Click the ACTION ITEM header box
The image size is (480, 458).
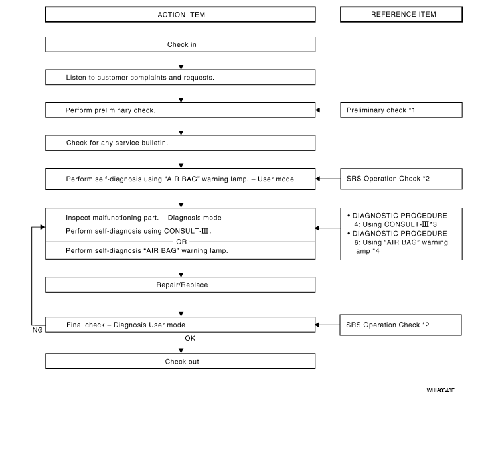[x=181, y=15]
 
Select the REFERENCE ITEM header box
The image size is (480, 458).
[x=401, y=15]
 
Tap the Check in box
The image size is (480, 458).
[x=181, y=44]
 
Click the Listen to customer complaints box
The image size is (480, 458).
[x=181, y=77]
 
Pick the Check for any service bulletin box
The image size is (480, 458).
[x=181, y=143]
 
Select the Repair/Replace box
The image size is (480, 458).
[x=181, y=285]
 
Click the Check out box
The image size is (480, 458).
[x=181, y=361]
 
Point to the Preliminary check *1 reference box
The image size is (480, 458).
[x=401, y=110]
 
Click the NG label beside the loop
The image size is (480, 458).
[x=38, y=330]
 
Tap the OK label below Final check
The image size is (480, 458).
[x=190, y=338]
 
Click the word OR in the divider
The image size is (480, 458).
[x=181, y=242]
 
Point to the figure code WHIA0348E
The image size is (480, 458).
[x=441, y=390]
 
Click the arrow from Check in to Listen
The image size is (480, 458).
[x=181, y=61]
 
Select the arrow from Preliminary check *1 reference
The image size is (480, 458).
[x=327, y=110]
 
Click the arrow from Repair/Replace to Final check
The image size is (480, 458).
[x=181, y=305]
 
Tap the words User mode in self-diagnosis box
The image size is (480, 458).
[x=276, y=179]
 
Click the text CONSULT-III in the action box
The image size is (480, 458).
[x=187, y=231]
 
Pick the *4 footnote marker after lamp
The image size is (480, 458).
[x=376, y=251]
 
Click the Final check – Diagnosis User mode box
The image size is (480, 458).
[x=181, y=325]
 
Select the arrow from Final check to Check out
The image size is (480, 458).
[x=181, y=343]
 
